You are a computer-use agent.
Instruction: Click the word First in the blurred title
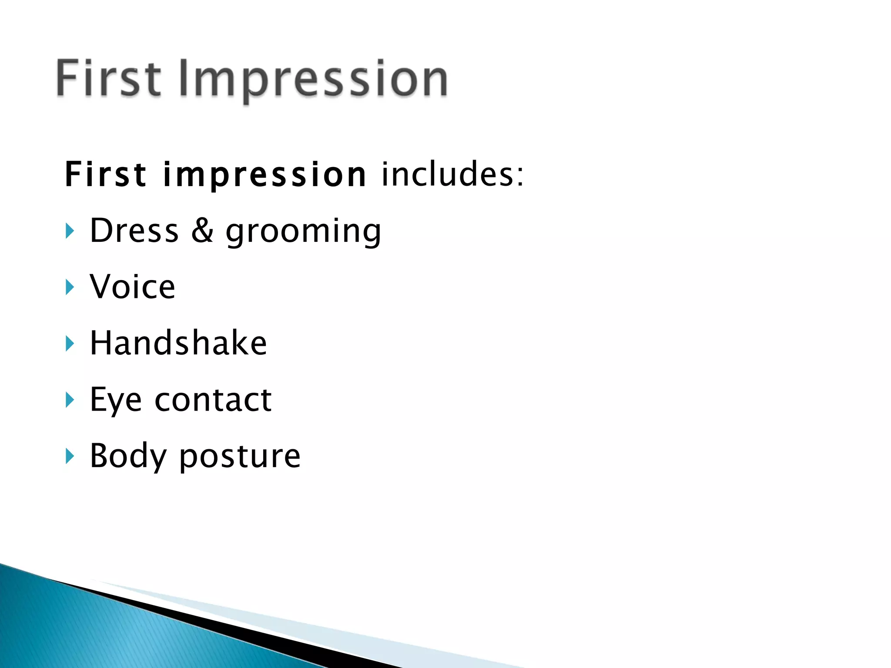click(x=109, y=78)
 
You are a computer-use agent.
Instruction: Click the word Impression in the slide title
click(x=313, y=79)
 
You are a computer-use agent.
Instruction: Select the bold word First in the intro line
click(x=105, y=174)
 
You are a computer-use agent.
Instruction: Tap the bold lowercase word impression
click(x=265, y=175)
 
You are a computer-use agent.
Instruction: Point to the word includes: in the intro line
click(x=452, y=174)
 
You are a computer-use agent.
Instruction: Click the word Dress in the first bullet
click(x=134, y=230)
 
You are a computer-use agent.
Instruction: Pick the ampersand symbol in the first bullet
click(x=202, y=230)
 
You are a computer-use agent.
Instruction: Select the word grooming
click(x=303, y=232)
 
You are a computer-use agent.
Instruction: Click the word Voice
click(x=132, y=287)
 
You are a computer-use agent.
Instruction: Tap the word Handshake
click(x=178, y=343)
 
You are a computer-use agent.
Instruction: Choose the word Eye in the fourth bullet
click(x=116, y=400)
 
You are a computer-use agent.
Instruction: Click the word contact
click(x=213, y=400)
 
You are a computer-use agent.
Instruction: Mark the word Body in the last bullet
click(x=128, y=456)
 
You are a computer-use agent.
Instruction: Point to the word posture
click(x=240, y=457)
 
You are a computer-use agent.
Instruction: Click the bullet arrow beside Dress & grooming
click(x=70, y=231)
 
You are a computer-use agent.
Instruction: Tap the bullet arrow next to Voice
click(x=70, y=287)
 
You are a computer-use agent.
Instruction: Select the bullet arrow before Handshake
click(x=70, y=344)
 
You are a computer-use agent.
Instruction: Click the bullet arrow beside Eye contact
click(x=70, y=400)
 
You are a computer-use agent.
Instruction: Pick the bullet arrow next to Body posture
click(x=70, y=456)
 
